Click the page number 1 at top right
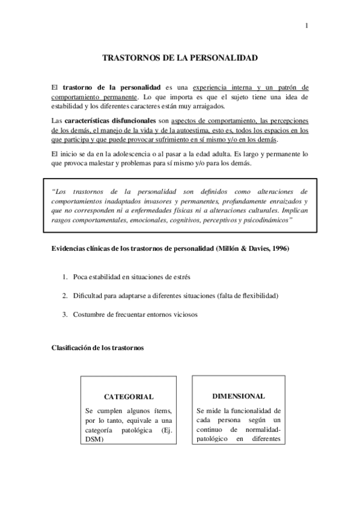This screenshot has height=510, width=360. pos(307,26)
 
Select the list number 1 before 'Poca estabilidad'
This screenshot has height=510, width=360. pos(65,276)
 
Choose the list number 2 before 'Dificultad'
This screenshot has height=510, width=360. pos(65,295)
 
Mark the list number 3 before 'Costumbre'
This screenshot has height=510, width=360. pos(65,315)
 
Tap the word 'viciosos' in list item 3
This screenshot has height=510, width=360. pos(185,315)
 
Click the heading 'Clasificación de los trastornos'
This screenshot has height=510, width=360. pos(97,348)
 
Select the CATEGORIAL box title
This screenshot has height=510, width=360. pos(129,397)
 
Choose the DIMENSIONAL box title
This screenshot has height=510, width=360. pos(238,396)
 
